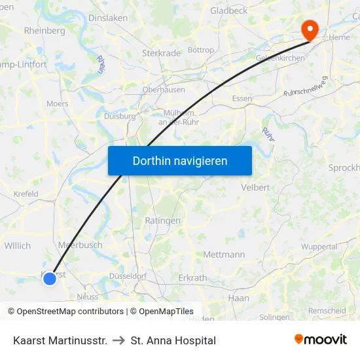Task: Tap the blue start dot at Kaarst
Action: tap(50, 279)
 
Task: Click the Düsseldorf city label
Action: tap(128, 276)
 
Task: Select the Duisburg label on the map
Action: tap(120, 116)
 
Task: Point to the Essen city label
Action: tap(242, 99)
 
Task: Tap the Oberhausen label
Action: tap(164, 90)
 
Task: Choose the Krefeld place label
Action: tap(26, 194)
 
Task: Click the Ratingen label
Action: tap(162, 221)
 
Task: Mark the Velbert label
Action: tap(255, 187)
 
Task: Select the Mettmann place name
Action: tap(225, 254)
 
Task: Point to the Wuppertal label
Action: tap(319, 247)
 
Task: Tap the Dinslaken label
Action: tap(108, 18)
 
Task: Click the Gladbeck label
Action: tap(229, 11)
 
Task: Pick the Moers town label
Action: tap(58, 103)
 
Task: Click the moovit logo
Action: tap(320, 340)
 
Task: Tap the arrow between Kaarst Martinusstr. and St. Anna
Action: tap(119, 340)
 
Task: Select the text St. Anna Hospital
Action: tap(173, 340)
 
